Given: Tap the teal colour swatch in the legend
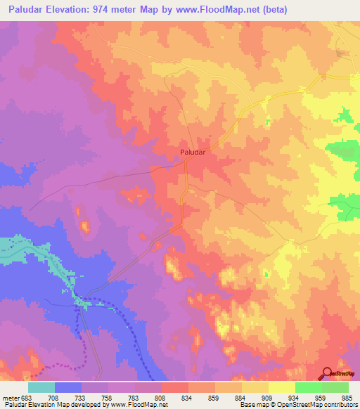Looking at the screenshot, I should tap(41, 387).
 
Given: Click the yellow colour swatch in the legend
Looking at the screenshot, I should tap(281, 387).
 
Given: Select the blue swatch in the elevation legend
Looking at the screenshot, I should tap(68, 387).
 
